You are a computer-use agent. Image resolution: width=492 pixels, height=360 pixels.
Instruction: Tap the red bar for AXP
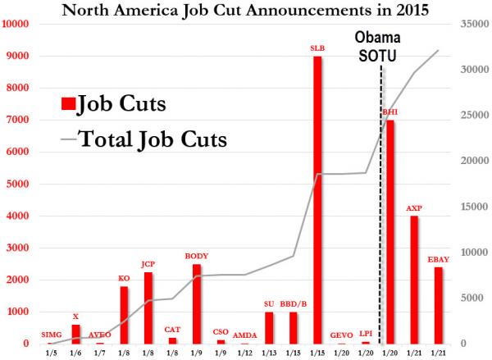[x=415, y=280]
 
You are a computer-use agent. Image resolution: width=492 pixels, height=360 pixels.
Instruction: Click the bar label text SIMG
[x=51, y=335]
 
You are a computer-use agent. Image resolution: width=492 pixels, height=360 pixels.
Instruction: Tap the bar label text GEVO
[x=341, y=335]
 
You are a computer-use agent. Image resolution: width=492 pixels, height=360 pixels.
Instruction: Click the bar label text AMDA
[x=244, y=335]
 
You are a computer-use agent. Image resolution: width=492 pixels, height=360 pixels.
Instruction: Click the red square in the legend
[x=68, y=104]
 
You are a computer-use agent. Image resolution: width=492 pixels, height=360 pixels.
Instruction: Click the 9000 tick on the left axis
[x=18, y=57]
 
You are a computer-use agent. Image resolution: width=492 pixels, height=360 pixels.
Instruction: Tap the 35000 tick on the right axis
[x=471, y=25]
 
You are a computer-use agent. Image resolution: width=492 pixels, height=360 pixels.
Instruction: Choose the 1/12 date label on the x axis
[x=244, y=353]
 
